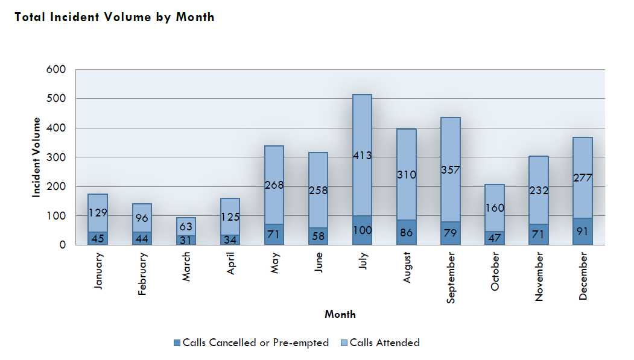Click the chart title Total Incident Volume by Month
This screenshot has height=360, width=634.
(115, 17)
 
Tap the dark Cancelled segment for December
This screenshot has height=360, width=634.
(583, 231)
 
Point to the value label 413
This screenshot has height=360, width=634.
(362, 156)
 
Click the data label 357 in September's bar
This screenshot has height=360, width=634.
(450, 170)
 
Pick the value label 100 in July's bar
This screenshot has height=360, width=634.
(362, 230)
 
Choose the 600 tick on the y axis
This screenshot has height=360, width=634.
(55, 69)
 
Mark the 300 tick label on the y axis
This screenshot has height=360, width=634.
(55, 157)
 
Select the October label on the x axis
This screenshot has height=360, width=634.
(495, 272)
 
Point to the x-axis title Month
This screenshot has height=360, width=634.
(340, 314)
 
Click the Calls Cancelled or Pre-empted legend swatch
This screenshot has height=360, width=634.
(177, 343)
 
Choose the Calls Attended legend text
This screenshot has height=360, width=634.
(385, 343)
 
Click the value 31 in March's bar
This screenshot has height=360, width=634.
(186, 239)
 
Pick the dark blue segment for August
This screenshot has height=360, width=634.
(407, 232)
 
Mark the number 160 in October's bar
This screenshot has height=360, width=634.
(495, 208)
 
